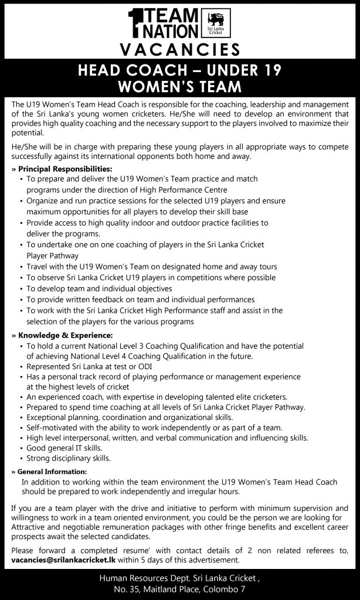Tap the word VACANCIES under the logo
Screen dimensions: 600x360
tap(179, 49)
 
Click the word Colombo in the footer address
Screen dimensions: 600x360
tap(218, 589)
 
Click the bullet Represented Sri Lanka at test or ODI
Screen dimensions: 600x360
tap(85, 366)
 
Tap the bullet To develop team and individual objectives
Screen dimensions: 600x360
tap(99, 288)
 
